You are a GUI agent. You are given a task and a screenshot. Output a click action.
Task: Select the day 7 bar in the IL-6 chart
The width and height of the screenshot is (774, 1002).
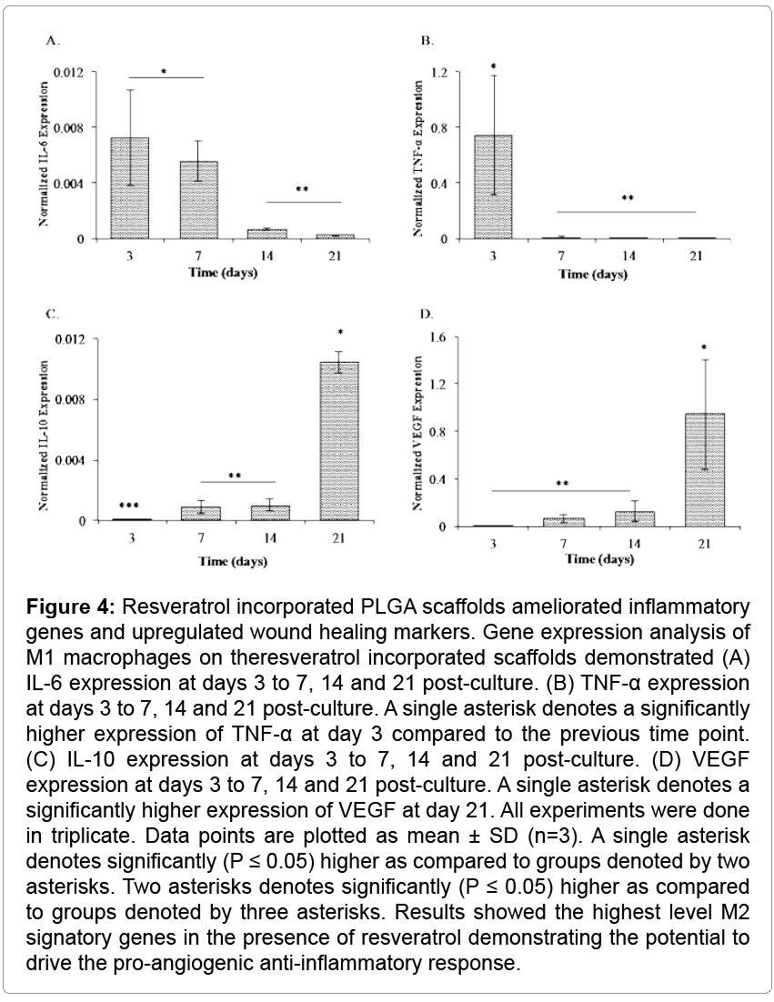197,200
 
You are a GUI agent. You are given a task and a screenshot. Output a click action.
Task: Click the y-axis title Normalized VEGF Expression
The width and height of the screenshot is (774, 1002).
417,429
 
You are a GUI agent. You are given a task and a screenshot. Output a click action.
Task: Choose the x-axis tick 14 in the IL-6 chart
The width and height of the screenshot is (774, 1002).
266,256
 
